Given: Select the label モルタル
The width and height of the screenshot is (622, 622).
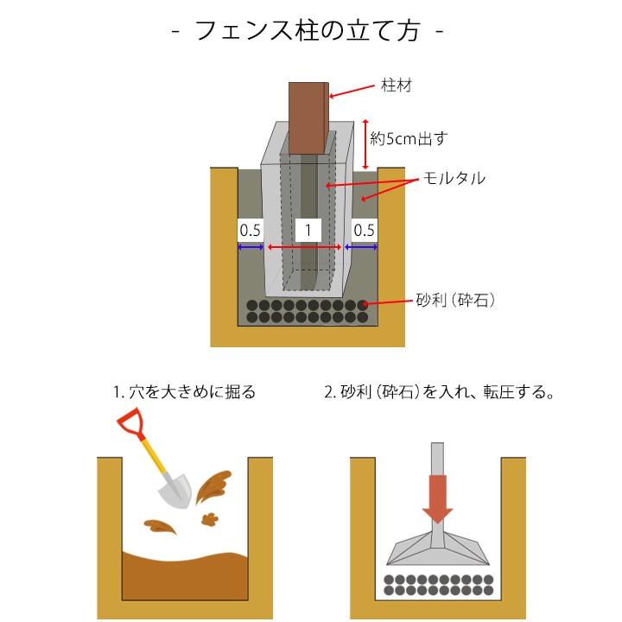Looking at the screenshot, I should click(453, 179).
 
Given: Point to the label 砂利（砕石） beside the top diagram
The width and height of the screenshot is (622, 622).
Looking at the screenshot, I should click(455, 301).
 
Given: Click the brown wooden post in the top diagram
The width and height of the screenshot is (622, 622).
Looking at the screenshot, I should click(308, 117).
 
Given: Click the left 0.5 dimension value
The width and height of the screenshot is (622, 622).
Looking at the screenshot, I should click(250, 230).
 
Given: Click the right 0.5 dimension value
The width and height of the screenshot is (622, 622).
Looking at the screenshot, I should click(364, 230).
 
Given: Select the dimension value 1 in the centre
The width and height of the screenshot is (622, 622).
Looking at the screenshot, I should click(308, 230).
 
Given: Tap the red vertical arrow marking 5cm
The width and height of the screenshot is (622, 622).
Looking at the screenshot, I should click(366, 143).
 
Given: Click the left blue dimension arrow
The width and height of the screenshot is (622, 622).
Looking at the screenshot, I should click(251, 248).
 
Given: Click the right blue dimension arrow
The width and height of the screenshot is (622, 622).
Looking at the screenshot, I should click(361, 248).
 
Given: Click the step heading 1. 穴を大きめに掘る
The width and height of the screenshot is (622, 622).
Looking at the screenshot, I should click(184, 392).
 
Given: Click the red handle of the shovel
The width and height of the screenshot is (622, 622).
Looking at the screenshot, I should click(130, 424).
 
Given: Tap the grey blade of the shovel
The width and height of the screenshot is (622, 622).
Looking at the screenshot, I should click(175, 492).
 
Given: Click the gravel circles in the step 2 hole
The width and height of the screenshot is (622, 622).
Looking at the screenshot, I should click(438, 585).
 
